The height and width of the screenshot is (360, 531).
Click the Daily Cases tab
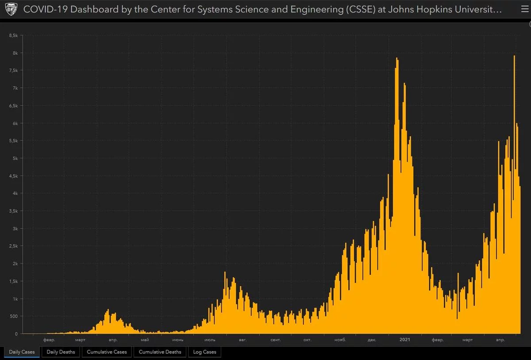pyautogui.click(x=22, y=352)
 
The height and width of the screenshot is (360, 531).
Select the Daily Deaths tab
pyautogui.click(x=61, y=352)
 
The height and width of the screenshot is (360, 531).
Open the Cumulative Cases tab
pyautogui.click(x=107, y=352)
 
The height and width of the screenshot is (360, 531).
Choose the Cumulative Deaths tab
pyautogui.click(x=160, y=352)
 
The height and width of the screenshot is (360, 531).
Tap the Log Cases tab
pyautogui.click(x=204, y=352)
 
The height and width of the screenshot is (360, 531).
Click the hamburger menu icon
pyautogui.click(x=525, y=10)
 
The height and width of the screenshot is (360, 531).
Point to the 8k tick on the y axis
pyautogui.click(x=15, y=53)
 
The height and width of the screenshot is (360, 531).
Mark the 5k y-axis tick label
pyautogui.click(x=15, y=159)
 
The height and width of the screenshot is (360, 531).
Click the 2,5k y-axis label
pyautogui.click(x=13, y=246)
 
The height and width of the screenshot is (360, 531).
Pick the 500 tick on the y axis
pyautogui.click(x=13, y=316)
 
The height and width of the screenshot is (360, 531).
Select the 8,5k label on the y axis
pyautogui.click(x=13, y=35)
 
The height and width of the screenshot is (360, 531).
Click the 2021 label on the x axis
pyautogui.click(x=404, y=340)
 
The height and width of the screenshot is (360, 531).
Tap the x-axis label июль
pyautogui.click(x=210, y=340)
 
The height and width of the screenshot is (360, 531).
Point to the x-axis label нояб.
pyautogui.click(x=340, y=340)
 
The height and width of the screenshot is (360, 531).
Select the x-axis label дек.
pyautogui.click(x=372, y=340)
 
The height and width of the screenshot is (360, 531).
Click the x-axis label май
pyautogui.click(x=144, y=340)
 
